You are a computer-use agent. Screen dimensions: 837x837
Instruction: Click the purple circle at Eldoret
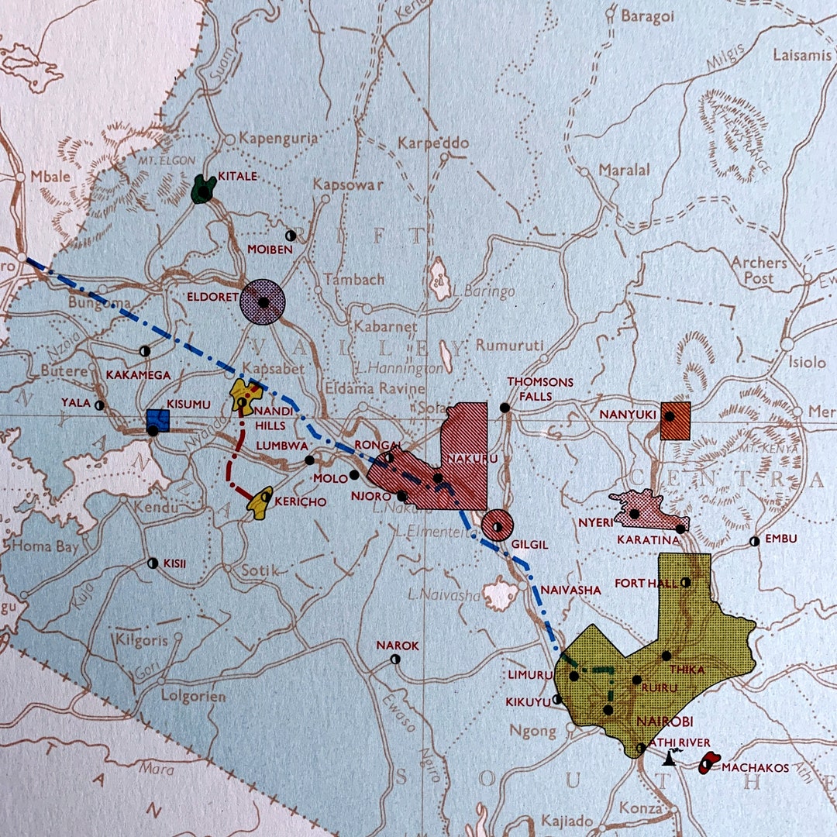coord(263,302)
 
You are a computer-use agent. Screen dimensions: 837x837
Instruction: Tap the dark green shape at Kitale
coord(204,189)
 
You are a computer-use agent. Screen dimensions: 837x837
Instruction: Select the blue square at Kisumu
coord(157,421)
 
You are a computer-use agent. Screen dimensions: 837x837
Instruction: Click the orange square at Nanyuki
coord(675,421)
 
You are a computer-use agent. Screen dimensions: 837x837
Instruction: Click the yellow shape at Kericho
coord(260,503)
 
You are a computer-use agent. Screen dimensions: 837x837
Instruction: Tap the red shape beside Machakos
coord(708,763)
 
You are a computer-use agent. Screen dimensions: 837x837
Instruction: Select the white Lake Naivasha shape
coord(500,594)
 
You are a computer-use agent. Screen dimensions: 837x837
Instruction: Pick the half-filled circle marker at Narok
coord(395,660)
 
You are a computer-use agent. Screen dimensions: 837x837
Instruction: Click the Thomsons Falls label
coord(540,389)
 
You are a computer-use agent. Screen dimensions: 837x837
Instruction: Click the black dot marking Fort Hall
coord(685,582)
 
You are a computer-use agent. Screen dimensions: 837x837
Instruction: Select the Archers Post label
coord(758,270)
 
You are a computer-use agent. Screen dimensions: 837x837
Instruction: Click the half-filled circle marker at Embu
coord(754,542)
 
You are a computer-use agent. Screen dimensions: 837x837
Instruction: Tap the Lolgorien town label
coord(193,696)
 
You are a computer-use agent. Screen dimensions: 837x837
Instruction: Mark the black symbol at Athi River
coord(668,759)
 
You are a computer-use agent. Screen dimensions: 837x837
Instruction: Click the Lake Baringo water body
coord(440,279)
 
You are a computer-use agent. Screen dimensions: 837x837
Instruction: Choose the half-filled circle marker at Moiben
coord(291,234)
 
